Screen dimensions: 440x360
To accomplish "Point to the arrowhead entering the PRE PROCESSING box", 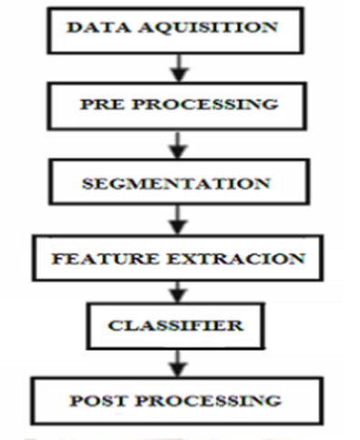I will click(x=182, y=75).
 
